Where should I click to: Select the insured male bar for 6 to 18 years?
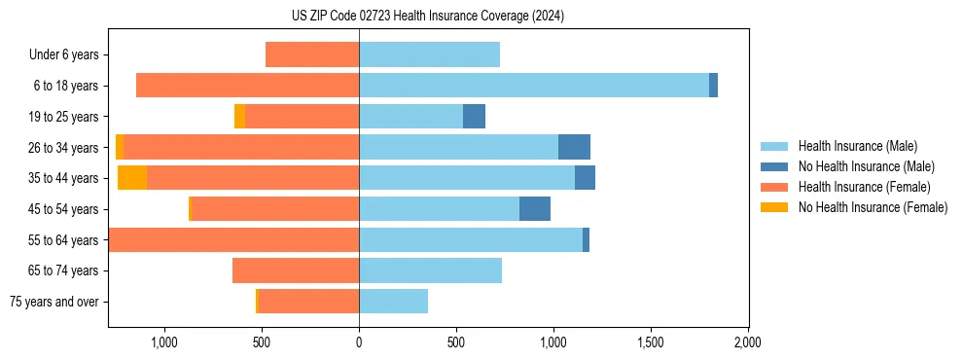[x=534, y=86]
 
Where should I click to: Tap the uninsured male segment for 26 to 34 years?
[x=574, y=147]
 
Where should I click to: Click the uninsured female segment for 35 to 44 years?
[x=132, y=178]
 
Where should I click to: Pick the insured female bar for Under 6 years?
[x=312, y=54]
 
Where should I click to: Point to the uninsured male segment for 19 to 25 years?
[x=474, y=117]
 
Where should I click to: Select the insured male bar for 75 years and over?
[x=393, y=302]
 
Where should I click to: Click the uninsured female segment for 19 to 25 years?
[x=239, y=117]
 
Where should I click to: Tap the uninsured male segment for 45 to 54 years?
[x=535, y=209]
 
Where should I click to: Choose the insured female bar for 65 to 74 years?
[x=296, y=270]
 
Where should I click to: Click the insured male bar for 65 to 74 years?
[x=430, y=270]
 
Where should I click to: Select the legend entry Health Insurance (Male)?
[x=857, y=146]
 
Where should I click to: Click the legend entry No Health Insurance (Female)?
[x=873, y=207]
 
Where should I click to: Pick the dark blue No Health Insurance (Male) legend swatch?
[x=774, y=166]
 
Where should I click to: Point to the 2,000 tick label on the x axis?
[x=747, y=342]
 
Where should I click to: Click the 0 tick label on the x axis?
[x=359, y=342]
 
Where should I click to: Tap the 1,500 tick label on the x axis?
[x=650, y=342]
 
